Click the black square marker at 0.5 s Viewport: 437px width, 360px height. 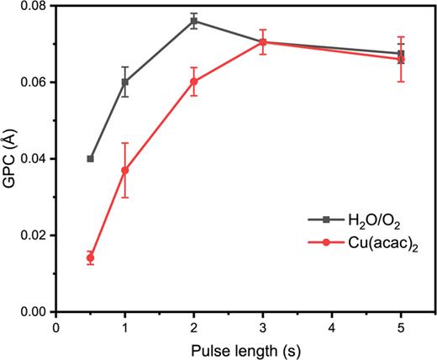tap(90, 158)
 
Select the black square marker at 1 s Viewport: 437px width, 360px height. tap(125, 82)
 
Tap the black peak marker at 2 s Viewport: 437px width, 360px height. tap(194, 20)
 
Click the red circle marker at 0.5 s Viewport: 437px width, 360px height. tap(90, 257)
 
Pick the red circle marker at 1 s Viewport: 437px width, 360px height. tap(125, 170)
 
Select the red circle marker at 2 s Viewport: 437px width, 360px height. tap(194, 82)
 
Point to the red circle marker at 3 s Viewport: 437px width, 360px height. tap(263, 42)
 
